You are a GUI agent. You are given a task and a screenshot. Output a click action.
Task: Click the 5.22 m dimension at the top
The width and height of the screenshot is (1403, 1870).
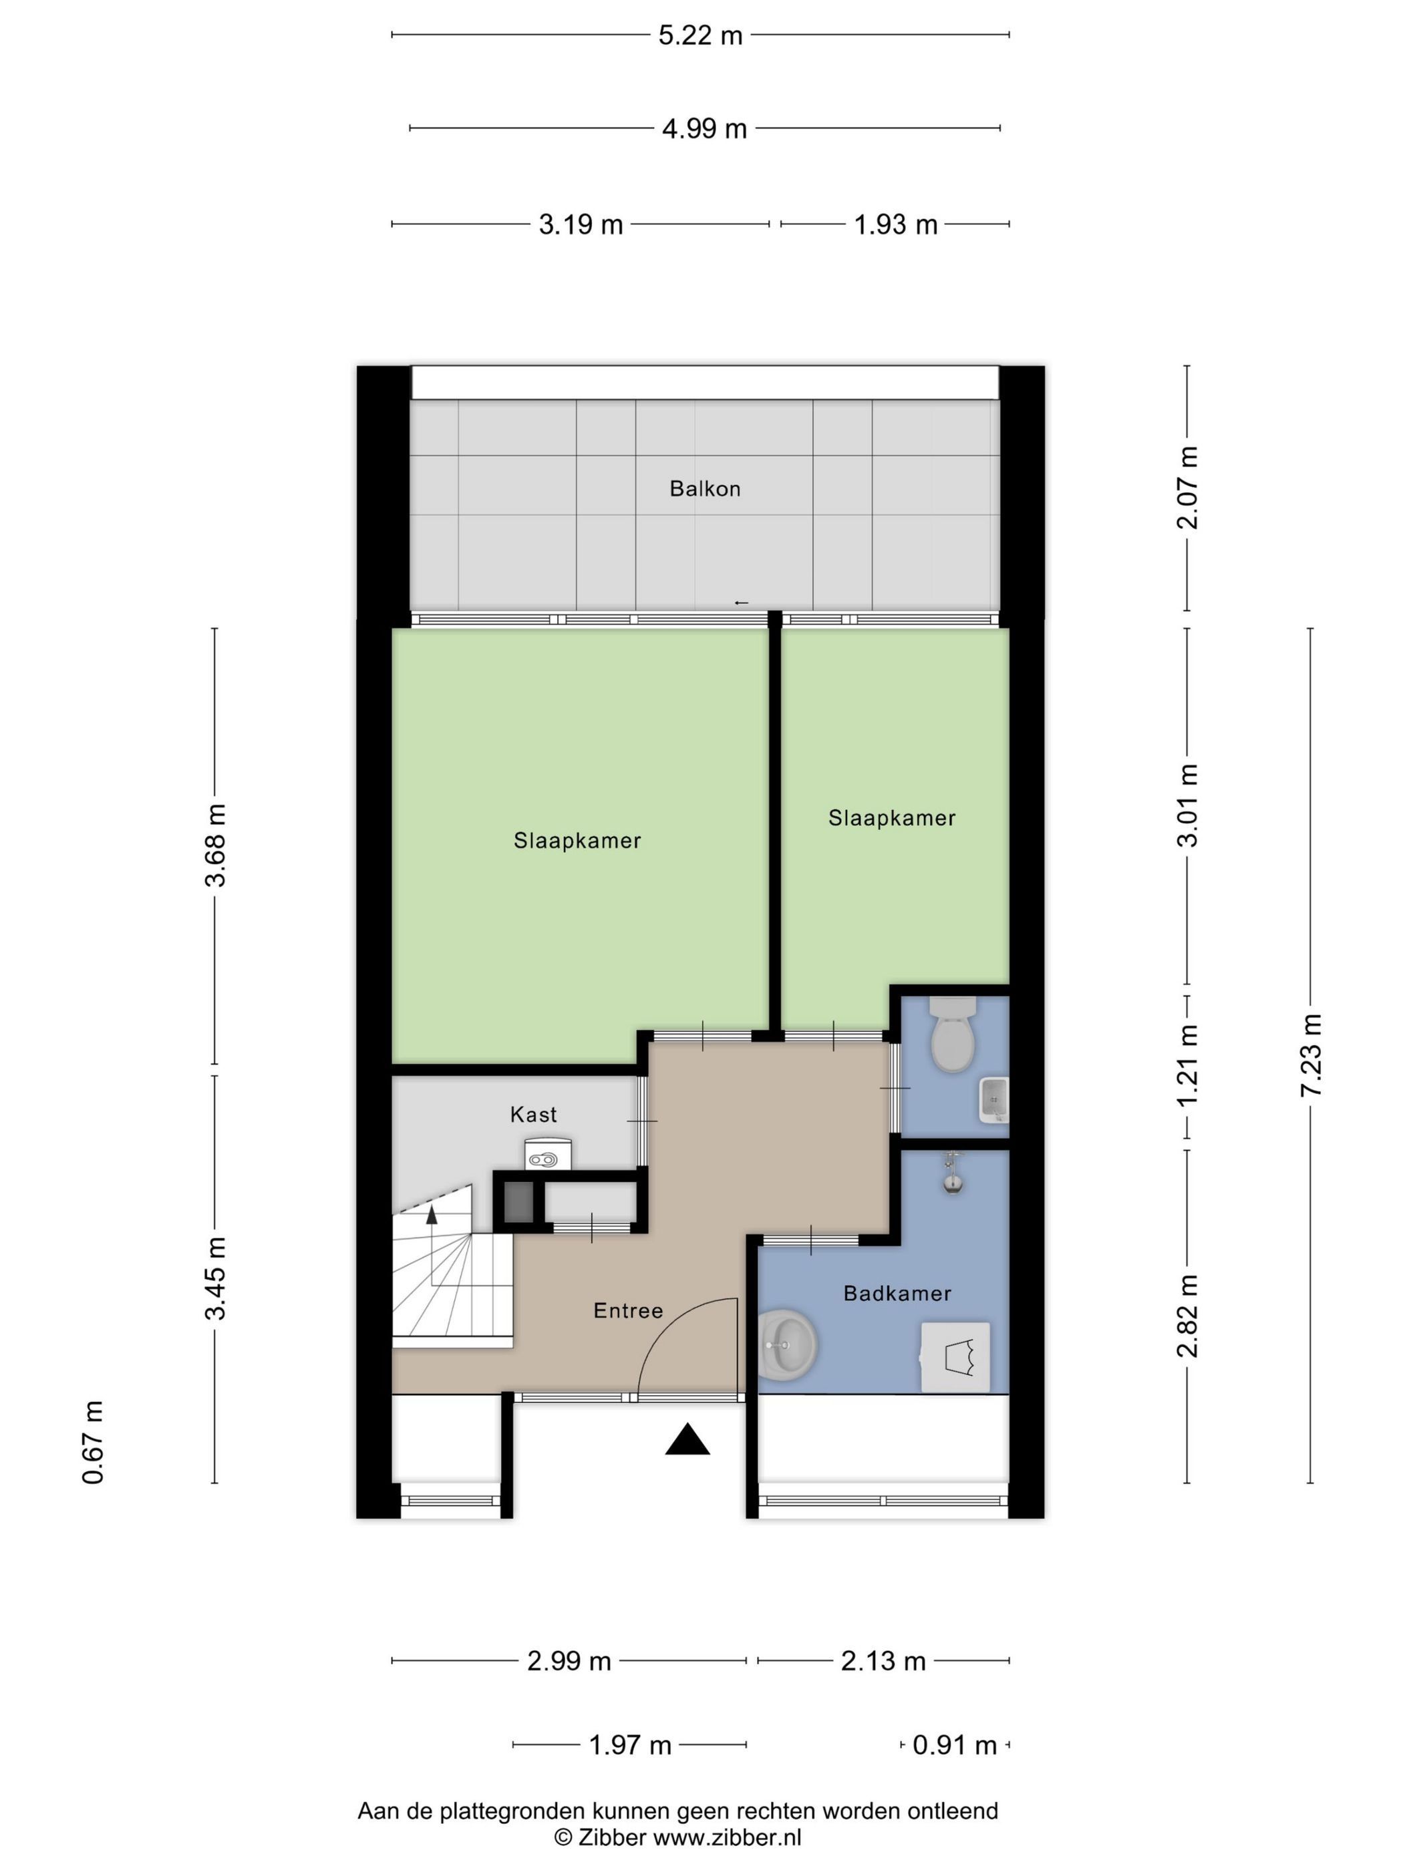pyautogui.click(x=699, y=35)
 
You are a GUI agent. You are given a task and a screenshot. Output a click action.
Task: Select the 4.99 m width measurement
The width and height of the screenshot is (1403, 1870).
pyautogui.click(x=704, y=128)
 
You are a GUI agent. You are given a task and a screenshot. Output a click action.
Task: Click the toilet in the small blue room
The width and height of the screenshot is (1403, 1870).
pyautogui.click(x=953, y=1034)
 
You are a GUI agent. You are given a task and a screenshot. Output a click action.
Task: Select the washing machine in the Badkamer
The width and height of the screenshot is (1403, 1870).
pyautogui.click(x=955, y=1357)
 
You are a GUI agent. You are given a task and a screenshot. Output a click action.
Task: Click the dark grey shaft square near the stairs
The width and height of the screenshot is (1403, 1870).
pyautogui.click(x=518, y=1203)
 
